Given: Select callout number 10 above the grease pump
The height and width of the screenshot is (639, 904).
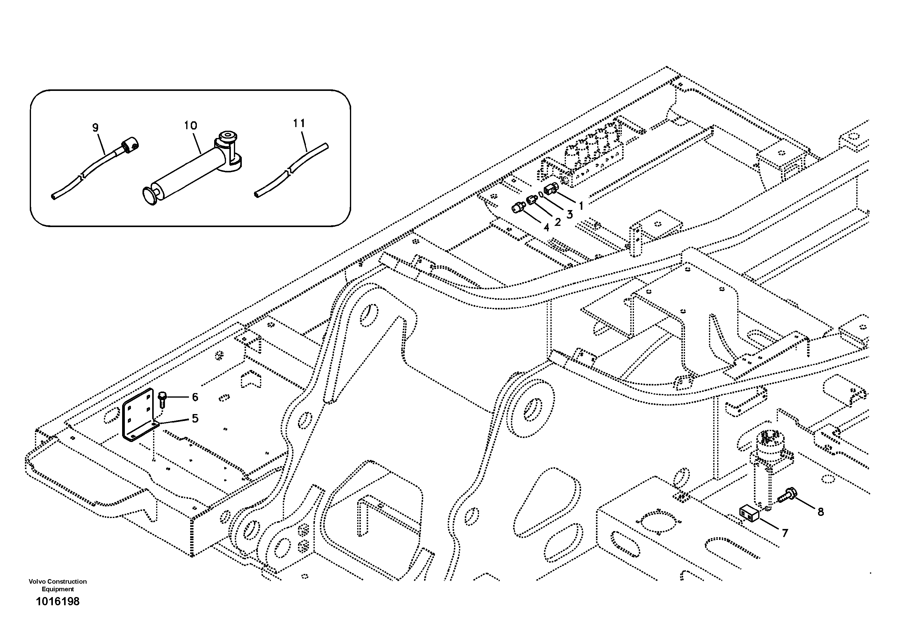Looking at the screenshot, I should [190, 126].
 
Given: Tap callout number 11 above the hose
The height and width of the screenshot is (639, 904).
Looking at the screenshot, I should [299, 123].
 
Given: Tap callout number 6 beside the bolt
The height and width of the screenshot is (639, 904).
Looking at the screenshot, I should [195, 397].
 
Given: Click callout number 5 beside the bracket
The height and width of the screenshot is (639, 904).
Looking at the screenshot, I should [195, 418].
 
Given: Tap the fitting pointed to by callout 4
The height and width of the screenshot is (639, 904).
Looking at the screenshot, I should [518, 208].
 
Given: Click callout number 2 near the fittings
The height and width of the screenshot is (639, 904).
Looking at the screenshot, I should [557, 223].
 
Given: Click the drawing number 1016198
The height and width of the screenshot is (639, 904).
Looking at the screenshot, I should [57, 602].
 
